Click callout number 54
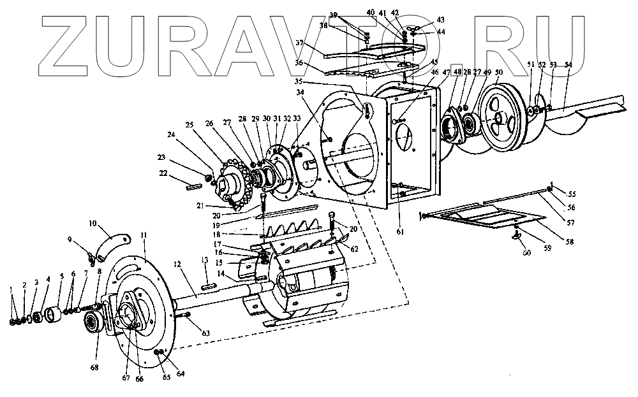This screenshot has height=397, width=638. pyautogui.click(x=569, y=65)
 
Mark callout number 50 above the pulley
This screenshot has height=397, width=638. pyautogui.click(x=498, y=73)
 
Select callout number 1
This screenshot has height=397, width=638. pyautogui.click(x=11, y=290)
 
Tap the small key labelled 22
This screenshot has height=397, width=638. pyautogui.click(x=193, y=186)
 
